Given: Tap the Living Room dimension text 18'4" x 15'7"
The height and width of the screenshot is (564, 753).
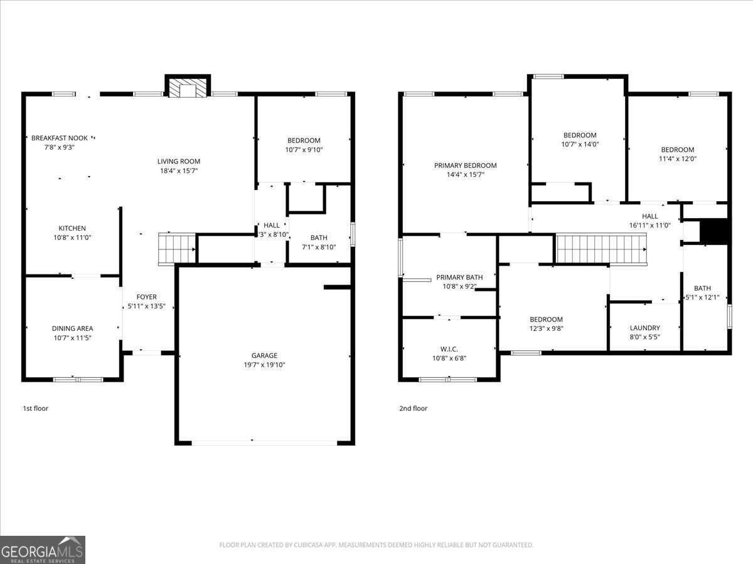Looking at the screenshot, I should [178, 171].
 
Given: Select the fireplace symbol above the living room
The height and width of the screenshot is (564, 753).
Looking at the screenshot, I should [188, 88].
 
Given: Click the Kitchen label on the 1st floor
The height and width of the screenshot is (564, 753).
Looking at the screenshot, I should [72, 228].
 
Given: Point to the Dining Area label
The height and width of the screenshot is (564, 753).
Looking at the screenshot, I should [72, 328].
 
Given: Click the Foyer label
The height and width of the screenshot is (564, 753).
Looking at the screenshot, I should [147, 297].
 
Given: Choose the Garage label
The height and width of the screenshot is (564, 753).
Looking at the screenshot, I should [264, 355].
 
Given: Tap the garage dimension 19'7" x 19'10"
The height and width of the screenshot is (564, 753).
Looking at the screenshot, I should [264, 365].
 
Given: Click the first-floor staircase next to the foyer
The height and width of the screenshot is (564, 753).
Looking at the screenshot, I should [176, 248].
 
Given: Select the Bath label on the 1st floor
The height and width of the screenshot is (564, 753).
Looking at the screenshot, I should [319, 238].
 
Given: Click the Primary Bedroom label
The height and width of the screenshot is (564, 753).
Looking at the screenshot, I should [465, 165].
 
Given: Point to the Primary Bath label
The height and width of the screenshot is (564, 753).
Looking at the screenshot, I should [459, 277].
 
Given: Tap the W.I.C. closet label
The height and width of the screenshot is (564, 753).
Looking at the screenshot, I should [449, 349].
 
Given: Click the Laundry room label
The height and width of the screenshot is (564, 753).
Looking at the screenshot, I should [644, 328].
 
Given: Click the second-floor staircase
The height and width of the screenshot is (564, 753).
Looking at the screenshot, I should [601, 249].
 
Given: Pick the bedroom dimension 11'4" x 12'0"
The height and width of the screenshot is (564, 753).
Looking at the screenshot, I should [677, 159].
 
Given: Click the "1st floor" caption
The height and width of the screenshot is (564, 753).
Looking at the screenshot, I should [35, 409].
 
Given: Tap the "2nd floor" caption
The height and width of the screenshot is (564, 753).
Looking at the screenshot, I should [413, 409].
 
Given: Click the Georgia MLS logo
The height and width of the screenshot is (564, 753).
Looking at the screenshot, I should [43, 550].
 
